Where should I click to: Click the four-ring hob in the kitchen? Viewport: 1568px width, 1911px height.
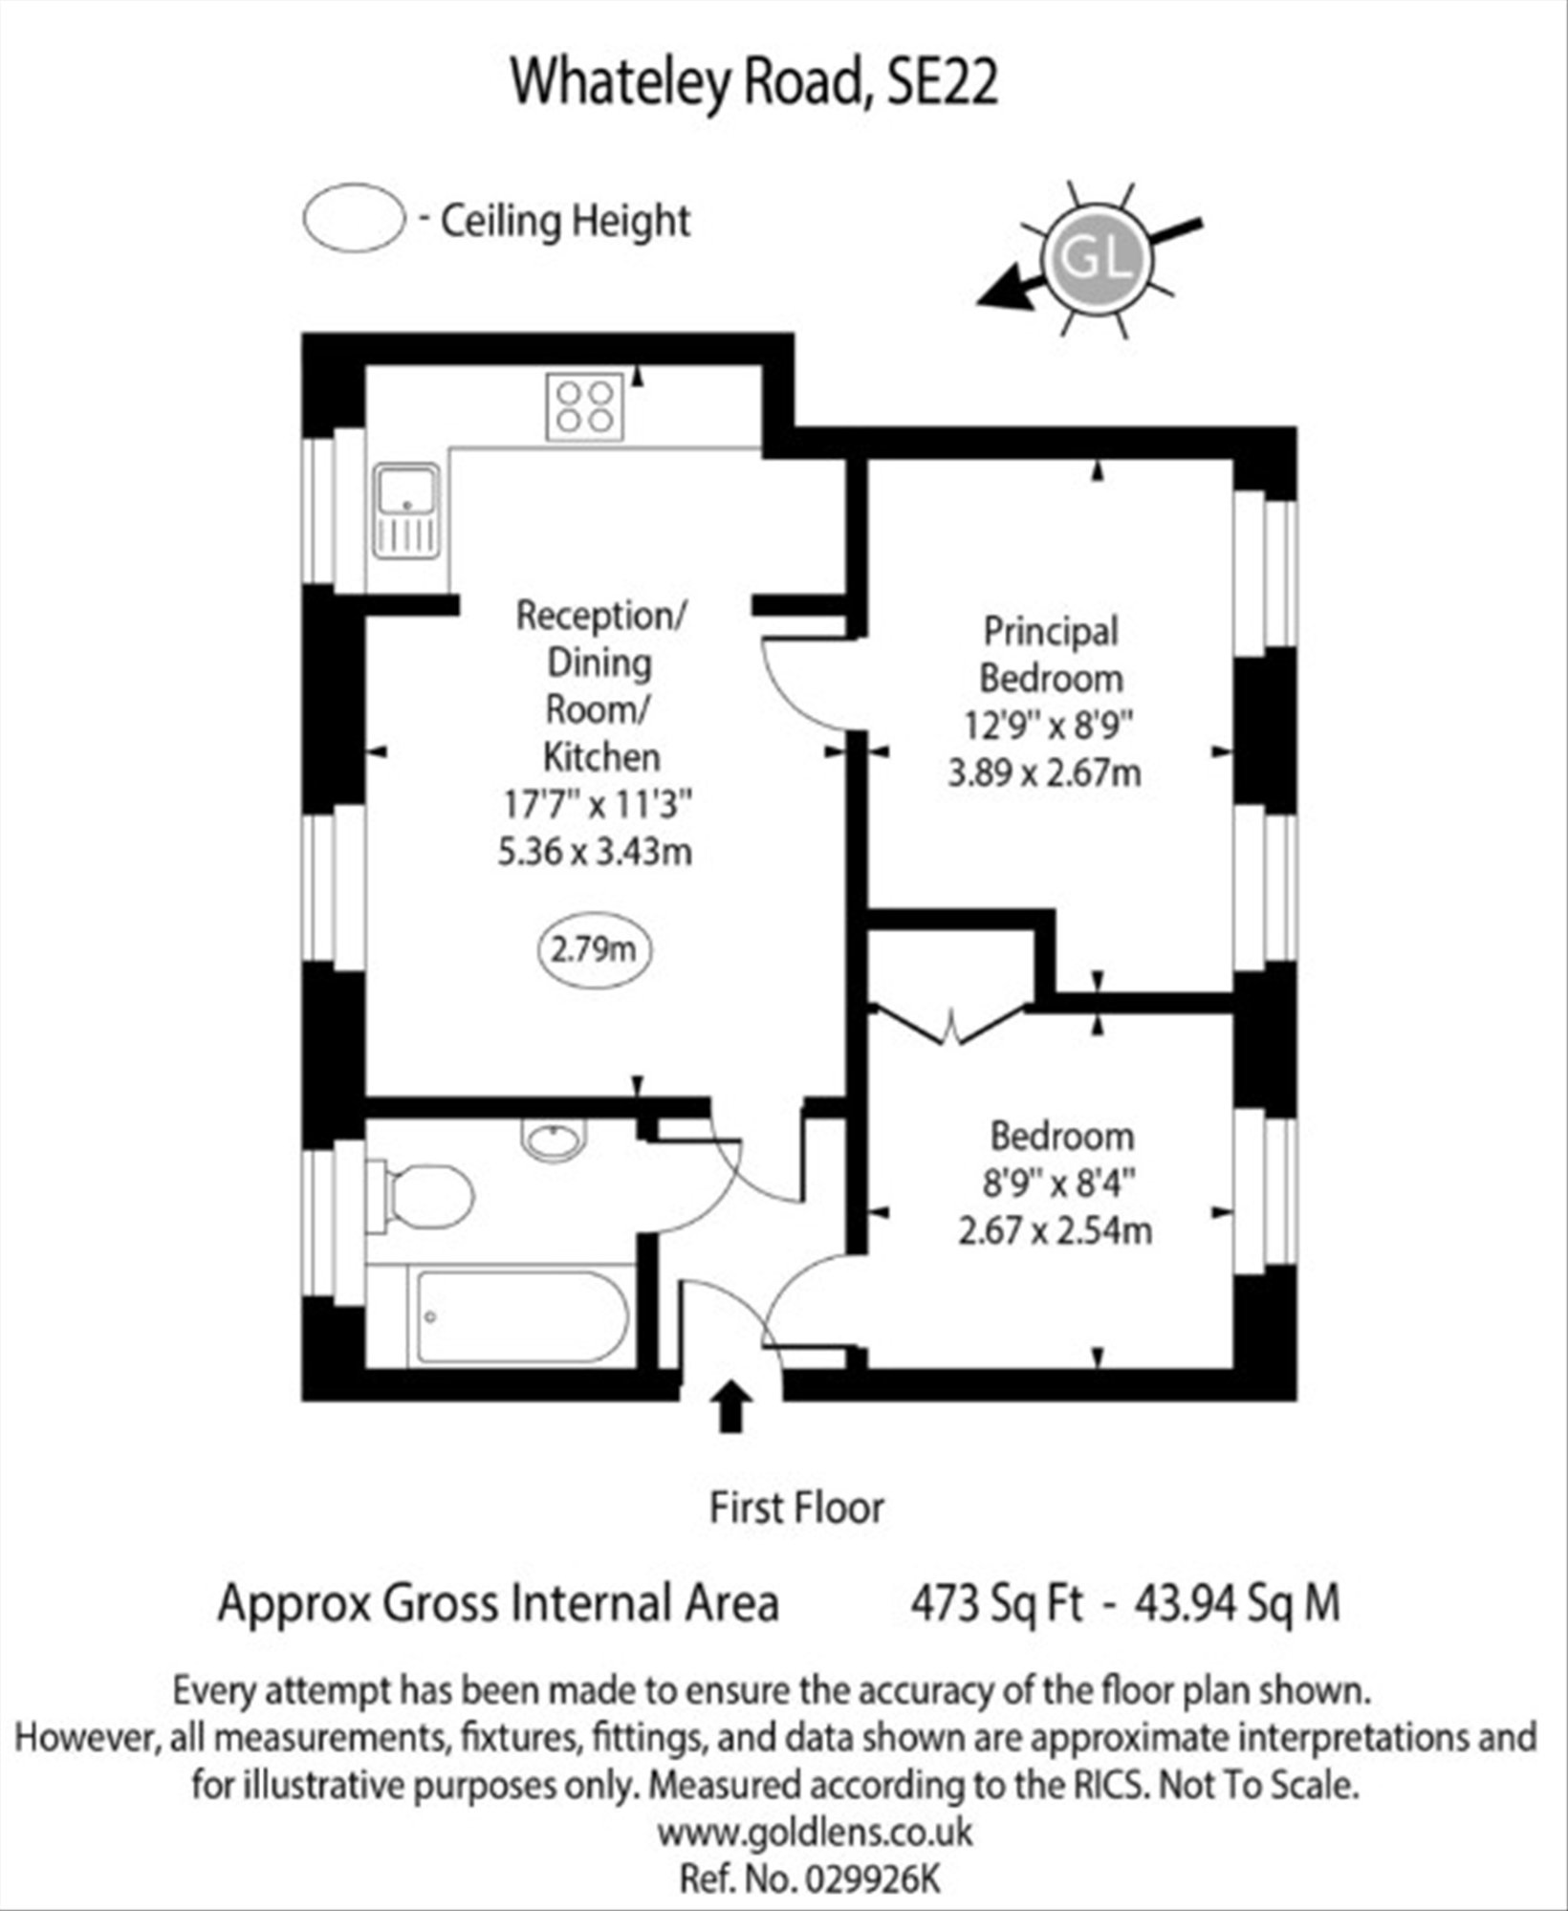[585, 406]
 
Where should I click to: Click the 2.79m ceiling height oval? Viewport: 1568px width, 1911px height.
[594, 949]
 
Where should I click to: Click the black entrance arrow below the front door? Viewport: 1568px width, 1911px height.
[731, 1404]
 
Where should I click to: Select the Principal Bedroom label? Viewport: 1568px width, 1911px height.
[1051, 655]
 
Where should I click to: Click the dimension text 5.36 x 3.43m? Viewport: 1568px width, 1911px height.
[595, 851]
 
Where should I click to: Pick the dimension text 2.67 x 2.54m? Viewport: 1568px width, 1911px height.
[1055, 1230]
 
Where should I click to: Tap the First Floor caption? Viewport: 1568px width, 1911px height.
[796, 1508]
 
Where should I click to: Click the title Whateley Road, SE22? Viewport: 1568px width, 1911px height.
[754, 82]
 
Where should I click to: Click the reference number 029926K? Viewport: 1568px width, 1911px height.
[873, 1878]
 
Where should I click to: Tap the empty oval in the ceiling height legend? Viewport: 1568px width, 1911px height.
[354, 219]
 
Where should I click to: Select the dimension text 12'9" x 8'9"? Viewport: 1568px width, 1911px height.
[1047, 726]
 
